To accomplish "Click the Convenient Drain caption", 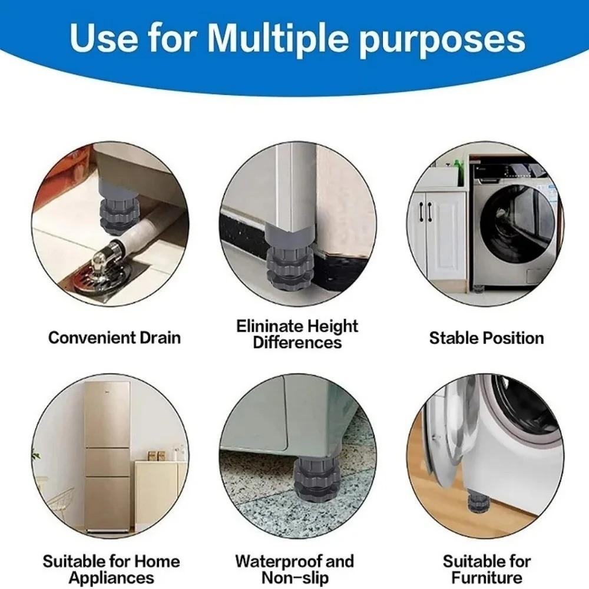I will point(114,337).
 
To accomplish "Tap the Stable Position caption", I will point(486,337).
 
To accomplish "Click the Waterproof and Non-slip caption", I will point(294,569).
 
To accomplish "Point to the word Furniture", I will point(487,577).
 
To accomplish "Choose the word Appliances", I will point(111,577).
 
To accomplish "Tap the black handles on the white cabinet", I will point(426,211).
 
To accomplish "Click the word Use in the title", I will point(100,38).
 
